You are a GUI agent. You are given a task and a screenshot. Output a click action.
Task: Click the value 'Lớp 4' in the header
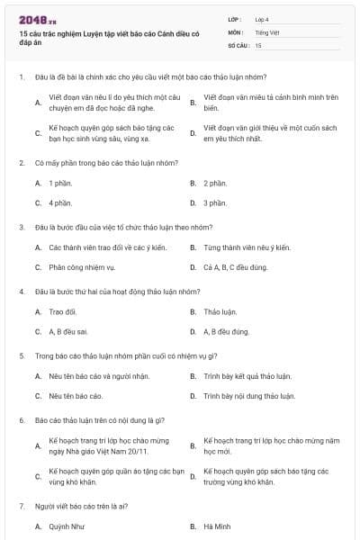pos(261,18)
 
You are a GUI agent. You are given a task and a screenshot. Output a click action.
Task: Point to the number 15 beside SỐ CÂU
pos(258,44)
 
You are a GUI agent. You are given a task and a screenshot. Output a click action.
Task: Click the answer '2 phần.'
pos(214,183)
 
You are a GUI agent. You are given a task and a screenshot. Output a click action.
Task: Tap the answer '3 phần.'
pos(214,203)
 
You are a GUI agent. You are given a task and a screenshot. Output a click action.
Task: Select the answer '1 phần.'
pos(60,183)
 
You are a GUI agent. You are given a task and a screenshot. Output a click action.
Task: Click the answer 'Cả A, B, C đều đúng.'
pos(234,267)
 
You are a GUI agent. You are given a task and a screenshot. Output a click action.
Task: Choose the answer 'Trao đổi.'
pos(62,311)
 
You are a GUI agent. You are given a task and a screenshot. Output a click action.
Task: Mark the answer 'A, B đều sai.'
pos(67,331)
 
